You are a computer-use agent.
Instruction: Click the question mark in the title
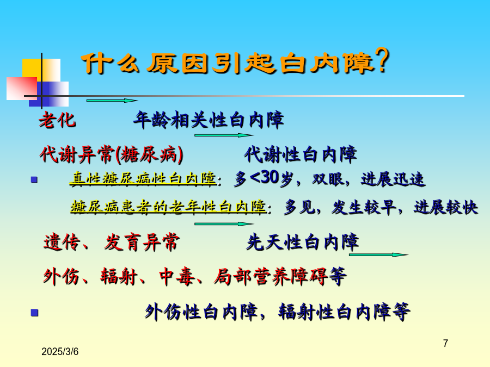click(x=382, y=60)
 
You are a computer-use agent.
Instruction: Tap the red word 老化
click(x=58, y=120)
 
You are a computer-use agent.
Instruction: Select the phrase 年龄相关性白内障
click(x=209, y=120)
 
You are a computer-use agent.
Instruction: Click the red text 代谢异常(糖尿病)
click(x=112, y=154)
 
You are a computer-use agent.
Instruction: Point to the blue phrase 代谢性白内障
click(x=301, y=154)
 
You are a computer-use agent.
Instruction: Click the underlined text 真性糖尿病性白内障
click(x=143, y=179)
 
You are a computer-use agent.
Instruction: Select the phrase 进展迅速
click(x=393, y=179)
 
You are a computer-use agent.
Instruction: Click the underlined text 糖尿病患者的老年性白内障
click(x=169, y=207)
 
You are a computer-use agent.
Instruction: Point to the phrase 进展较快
click(x=446, y=207)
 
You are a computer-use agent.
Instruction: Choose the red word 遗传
click(x=62, y=242)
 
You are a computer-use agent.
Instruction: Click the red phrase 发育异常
click(x=142, y=242)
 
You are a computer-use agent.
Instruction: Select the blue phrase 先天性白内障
click(x=303, y=242)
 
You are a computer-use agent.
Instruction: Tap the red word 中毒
click(x=177, y=277)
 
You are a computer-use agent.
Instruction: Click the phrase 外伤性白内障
click(x=201, y=312)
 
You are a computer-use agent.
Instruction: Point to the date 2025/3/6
click(x=60, y=352)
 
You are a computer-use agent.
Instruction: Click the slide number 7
click(x=445, y=343)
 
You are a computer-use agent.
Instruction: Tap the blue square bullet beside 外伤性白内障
click(x=34, y=313)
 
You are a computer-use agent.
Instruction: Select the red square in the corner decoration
click(x=22, y=89)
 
